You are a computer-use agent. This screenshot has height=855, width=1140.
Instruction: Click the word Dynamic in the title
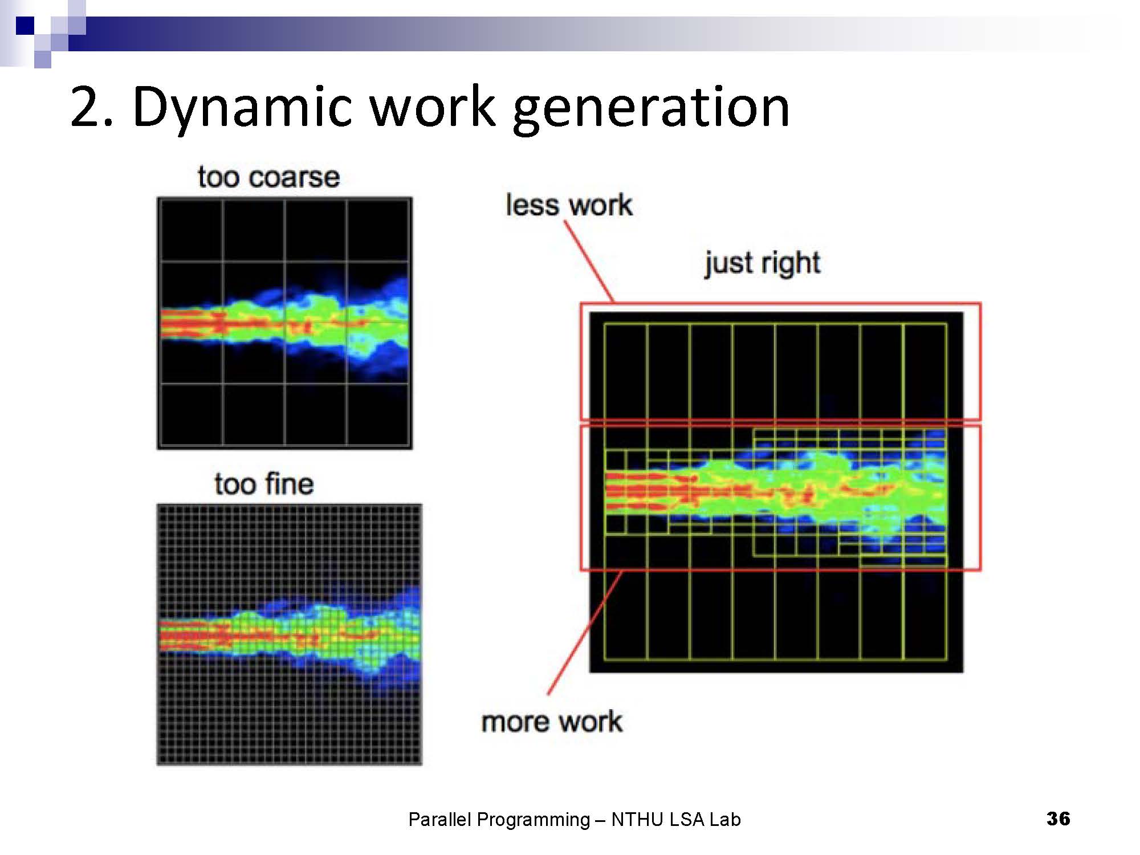tap(242, 107)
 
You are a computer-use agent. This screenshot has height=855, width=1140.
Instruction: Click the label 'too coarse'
tap(268, 177)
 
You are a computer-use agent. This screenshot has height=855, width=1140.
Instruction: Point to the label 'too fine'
tap(264, 484)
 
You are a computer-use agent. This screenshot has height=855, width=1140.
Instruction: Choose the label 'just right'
tap(763, 263)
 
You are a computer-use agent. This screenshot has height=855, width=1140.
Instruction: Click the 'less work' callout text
tap(569, 205)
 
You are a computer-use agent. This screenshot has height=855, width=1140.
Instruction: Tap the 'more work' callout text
tap(552, 722)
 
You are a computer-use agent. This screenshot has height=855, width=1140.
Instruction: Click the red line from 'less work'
tap(589, 261)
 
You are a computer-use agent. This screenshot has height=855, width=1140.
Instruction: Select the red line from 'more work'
tap(585, 632)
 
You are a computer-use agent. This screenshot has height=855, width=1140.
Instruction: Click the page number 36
tap(1058, 819)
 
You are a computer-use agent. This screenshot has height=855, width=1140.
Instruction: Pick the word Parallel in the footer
tap(440, 820)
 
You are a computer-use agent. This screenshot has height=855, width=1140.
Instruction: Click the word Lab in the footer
tap(725, 820)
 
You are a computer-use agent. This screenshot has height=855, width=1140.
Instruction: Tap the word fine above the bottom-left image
tap(289, 484)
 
